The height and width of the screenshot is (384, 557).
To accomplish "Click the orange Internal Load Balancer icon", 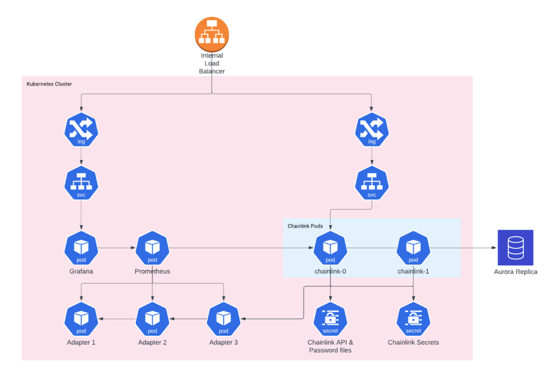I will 211,34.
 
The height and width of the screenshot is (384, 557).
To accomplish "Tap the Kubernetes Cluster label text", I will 49,84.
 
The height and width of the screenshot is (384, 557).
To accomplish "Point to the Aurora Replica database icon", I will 515,248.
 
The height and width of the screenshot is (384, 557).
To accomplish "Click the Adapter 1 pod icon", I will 81,319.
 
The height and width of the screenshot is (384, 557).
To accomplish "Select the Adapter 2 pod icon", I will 152,319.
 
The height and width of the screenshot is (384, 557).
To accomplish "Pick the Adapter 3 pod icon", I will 224,319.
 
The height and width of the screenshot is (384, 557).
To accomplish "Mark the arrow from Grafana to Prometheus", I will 116,248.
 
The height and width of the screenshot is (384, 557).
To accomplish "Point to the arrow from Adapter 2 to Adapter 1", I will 116,319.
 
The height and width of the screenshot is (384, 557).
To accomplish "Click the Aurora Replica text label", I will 515,272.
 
